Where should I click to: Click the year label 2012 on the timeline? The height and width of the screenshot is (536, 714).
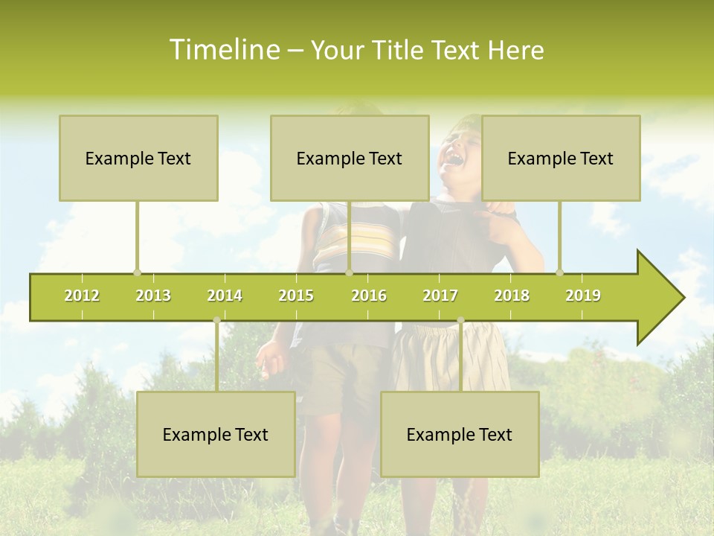[x=82, y=296]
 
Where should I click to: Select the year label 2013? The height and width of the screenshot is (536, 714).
[x=153, y=296]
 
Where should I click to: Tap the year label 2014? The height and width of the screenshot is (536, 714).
[x=225, y=296]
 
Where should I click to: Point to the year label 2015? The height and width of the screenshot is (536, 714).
[x=296, y=296]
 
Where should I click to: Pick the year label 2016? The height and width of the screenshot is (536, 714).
[x=369, y=296]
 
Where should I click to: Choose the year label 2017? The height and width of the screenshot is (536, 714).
[x=440, y=296]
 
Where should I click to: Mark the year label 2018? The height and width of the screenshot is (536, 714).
[x=512, y=296]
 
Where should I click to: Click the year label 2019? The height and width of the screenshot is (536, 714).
[x=583, y=296]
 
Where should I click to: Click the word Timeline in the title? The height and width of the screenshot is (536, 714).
[x=223, y=50]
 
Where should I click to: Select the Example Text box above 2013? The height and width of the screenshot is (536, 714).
[x=138, y=158]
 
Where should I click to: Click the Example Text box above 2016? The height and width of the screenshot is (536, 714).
[x=350, y=158]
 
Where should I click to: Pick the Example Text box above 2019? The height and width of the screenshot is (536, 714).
[x=561, y=158]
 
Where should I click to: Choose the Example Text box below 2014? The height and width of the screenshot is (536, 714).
[x=216, y=434]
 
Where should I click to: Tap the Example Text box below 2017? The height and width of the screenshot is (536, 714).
[x=460, y=434]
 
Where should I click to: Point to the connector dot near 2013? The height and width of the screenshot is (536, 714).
[x=137, y=272]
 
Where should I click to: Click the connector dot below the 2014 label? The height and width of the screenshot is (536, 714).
[x=216, y=320]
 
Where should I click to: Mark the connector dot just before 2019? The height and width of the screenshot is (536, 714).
[x=560, y=272]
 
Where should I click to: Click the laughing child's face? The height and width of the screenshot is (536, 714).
[x=458, y=149]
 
